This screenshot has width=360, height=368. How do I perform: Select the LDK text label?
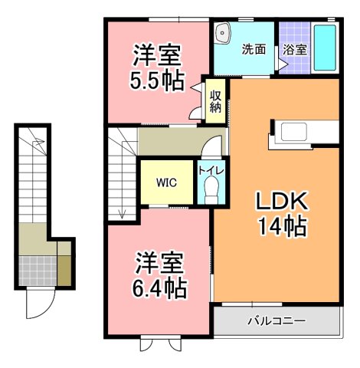(x=281, y=202)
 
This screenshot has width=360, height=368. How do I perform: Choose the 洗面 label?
(x=254, y=49)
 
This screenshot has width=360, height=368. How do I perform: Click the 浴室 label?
(x=295, y=49)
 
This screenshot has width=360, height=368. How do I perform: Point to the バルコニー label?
(x=276, y=320)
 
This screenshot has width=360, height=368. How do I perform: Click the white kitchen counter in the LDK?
(x=303, y=132)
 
